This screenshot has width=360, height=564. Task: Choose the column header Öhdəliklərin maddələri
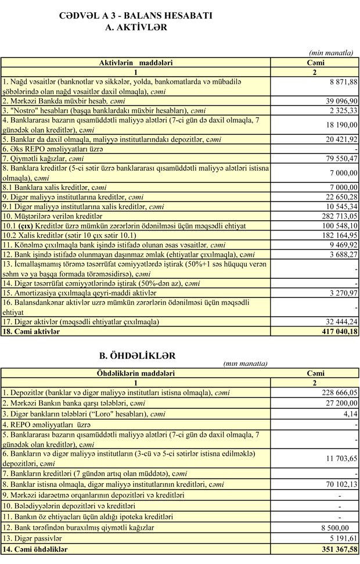coord(135,373)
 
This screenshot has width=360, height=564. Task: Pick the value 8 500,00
coord(334,527)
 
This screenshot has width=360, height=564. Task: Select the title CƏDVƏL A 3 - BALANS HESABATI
coord(135,16)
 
